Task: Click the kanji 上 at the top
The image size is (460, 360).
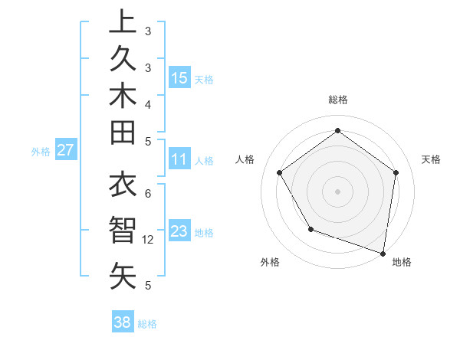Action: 123,21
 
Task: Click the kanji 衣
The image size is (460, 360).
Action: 123,187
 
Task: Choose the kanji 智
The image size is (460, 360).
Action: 123,231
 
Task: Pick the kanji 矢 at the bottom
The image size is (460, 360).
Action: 123,276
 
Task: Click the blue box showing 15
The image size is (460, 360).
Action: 179,78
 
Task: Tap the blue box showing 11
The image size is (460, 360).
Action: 179,160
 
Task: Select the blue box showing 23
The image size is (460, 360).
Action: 179,232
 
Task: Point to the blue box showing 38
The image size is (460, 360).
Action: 122,322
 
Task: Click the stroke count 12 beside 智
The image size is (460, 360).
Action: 148,240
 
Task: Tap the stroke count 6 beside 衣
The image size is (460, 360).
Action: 148,193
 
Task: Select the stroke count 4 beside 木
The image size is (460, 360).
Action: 148,103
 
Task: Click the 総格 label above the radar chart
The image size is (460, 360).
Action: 338,100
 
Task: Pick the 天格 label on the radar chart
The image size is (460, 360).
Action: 431,159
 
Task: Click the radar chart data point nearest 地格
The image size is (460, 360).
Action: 383,253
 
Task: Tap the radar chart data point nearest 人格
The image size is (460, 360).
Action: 279,172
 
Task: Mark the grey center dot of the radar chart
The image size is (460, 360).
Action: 337,191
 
